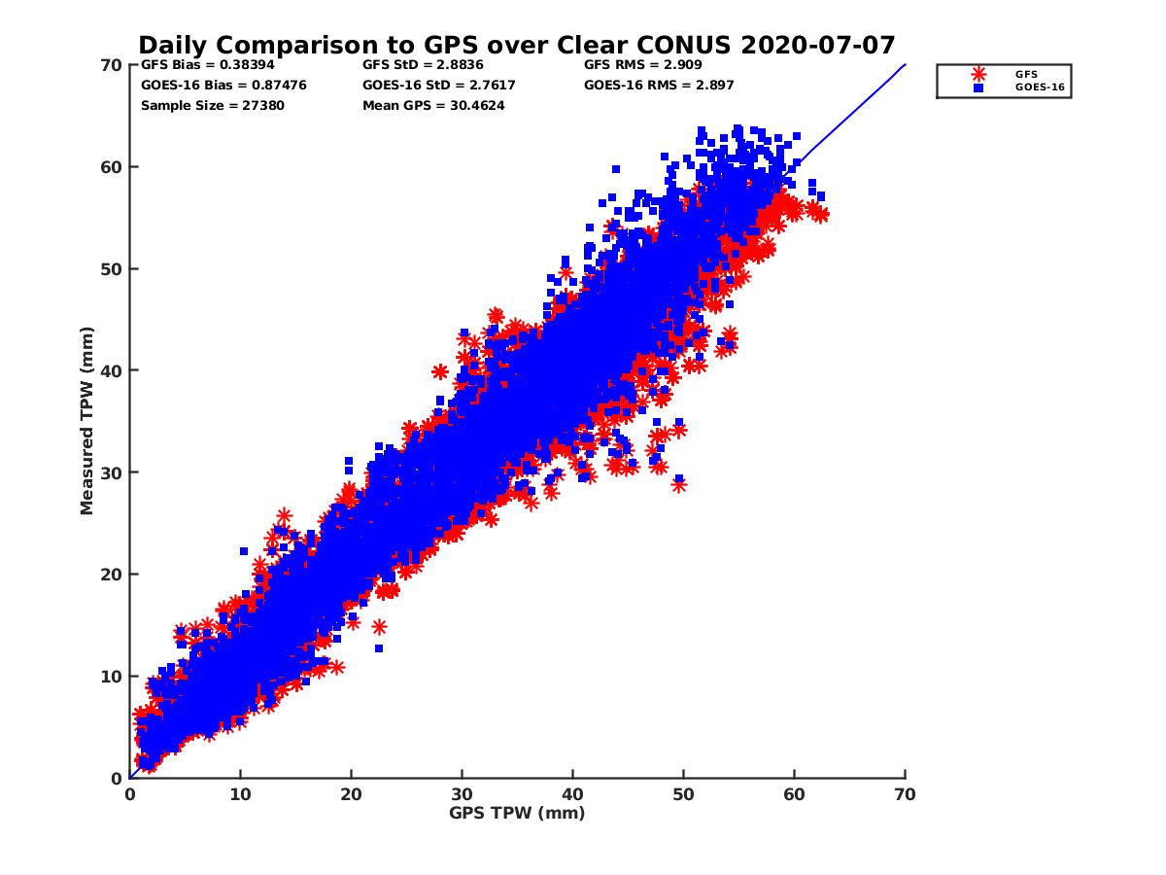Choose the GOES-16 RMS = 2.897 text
point(659,85)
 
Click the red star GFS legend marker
point(978,74)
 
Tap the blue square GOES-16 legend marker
point(978,87)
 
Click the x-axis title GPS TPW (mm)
point(517,813)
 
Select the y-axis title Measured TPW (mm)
point(87,421)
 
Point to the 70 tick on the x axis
point(905,794)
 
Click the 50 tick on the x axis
point(683,794)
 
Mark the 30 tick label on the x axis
point(462,794)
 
